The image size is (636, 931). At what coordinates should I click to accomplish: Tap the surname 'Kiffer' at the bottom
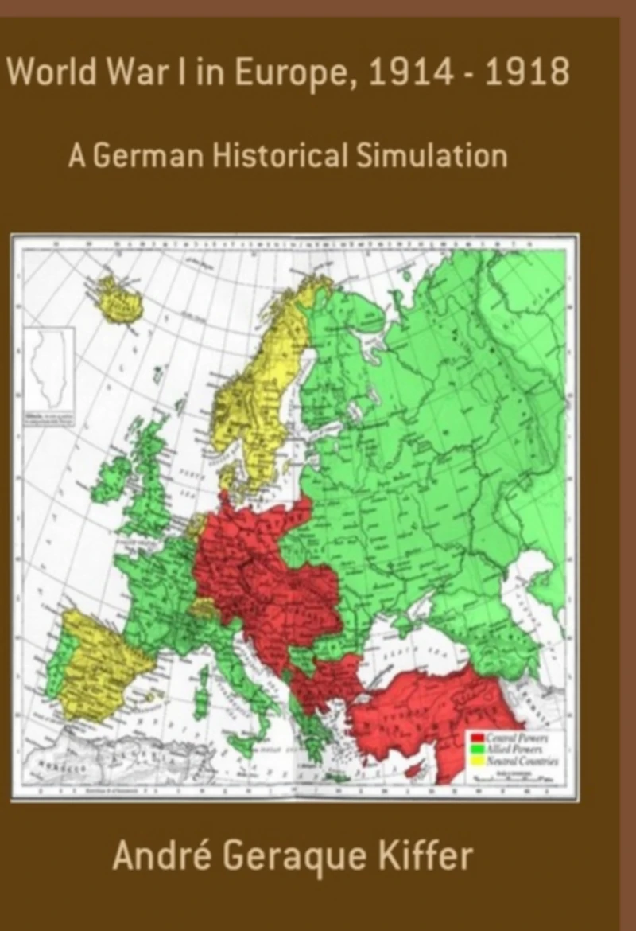[x=425, y=856]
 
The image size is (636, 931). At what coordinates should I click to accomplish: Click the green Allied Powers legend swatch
[x=477, y=750]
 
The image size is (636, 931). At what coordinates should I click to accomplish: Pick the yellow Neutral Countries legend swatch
[x=477, y=760]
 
